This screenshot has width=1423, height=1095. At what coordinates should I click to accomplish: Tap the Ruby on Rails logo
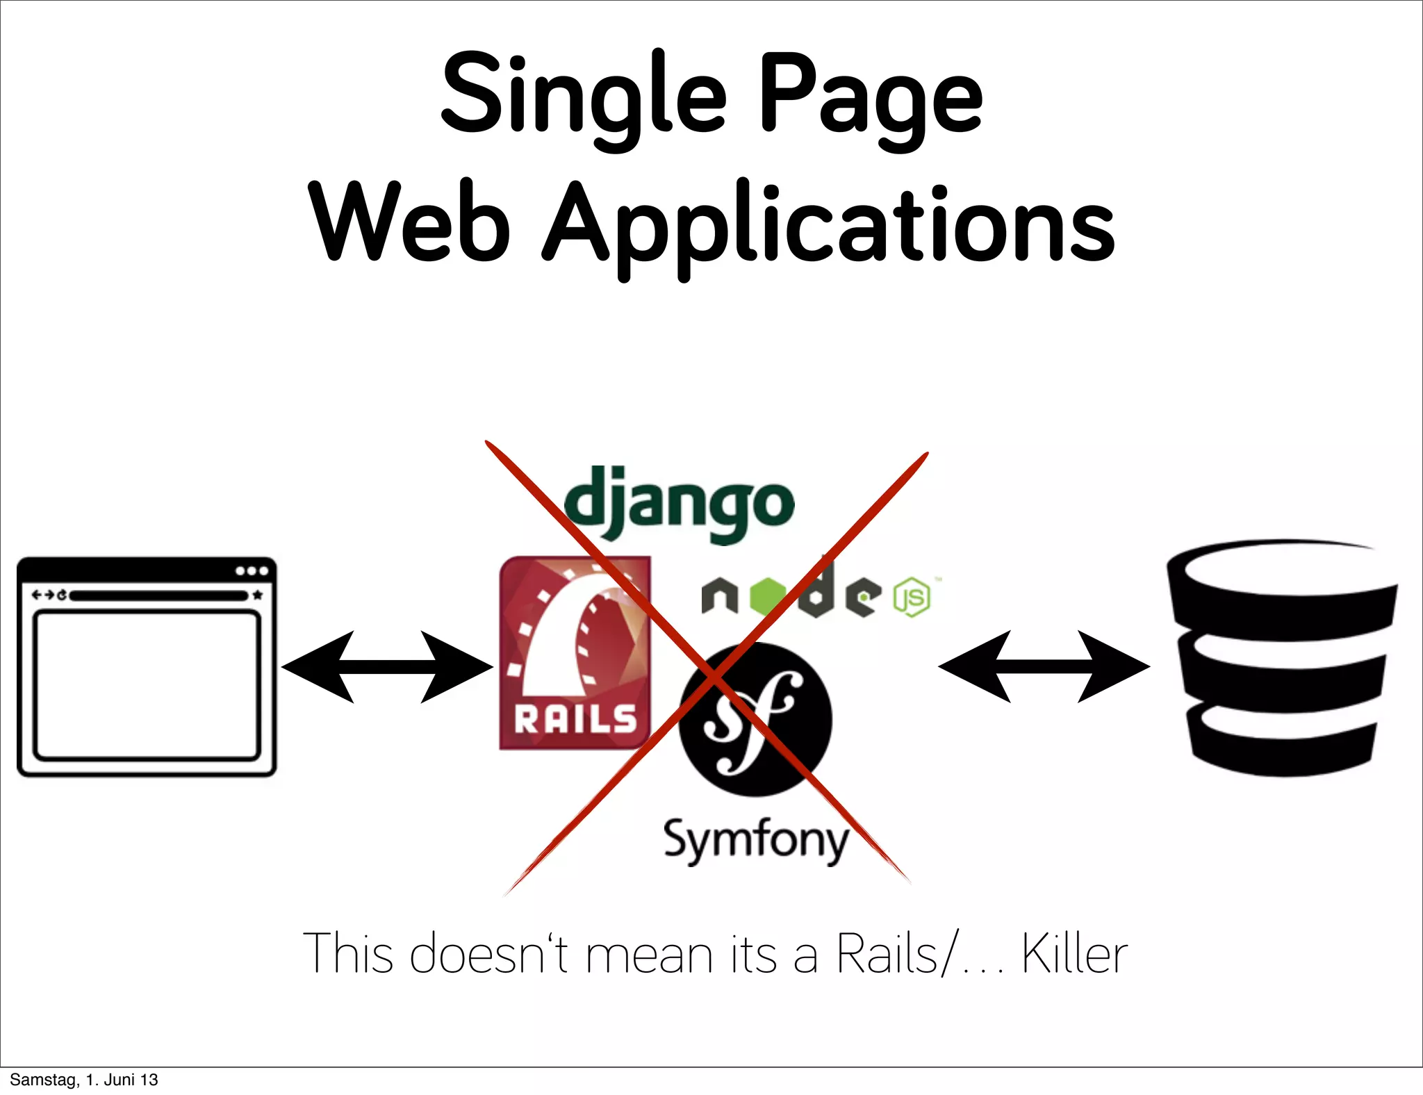pos(575,653)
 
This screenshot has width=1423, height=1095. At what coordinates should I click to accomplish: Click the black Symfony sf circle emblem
pos(755,719)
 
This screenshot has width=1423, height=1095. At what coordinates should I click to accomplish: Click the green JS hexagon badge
pos(912,597)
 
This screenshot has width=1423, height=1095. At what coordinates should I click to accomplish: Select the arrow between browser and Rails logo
pos(387,667)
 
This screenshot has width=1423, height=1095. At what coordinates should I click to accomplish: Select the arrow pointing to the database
pos(1044,666)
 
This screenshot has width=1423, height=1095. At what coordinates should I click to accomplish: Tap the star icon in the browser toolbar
pos(258,595)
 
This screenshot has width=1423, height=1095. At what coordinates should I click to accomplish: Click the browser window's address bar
pos(158,595)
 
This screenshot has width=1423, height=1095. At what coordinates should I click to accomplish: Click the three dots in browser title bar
pos(252,571)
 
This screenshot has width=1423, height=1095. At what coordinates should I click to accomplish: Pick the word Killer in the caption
pos(1074,954)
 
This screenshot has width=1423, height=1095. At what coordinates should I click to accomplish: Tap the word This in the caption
pos(348,953)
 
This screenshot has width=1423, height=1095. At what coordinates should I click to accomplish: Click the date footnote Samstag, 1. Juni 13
pos(84,1080)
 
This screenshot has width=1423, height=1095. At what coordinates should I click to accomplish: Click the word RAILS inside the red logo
pos(575,719)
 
